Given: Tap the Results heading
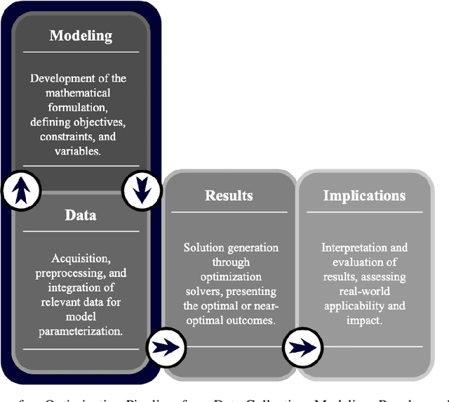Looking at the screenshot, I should click(x=229, y=195).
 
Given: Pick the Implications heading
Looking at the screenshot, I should click(x=364, y=195).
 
